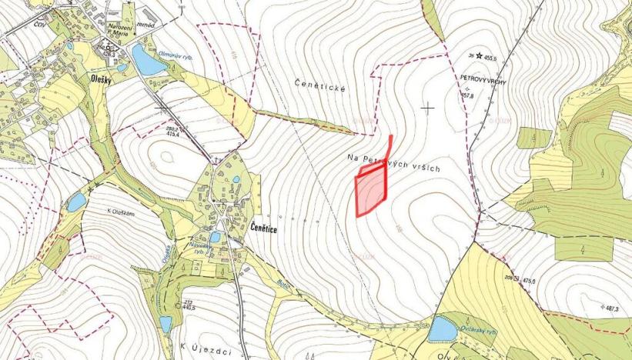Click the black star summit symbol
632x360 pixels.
click(478, 55)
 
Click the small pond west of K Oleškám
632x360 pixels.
click(75, 203)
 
